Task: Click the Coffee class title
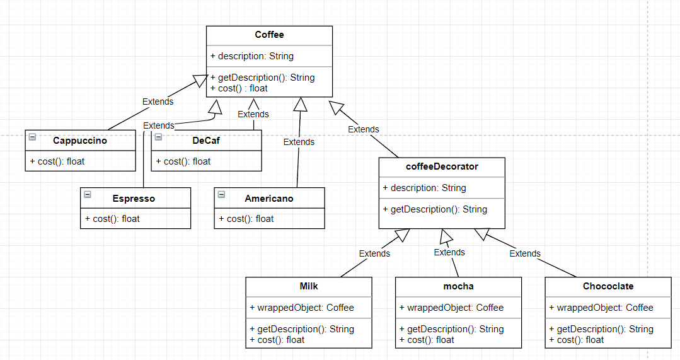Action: [269, 35]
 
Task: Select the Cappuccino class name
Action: [80, 141]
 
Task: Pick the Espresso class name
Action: [134, 198]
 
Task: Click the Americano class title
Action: [269, 198]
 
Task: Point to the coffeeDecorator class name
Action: [442, 166]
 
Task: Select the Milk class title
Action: [309, 286]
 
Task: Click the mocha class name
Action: [458, 286]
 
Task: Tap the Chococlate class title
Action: [608, 286]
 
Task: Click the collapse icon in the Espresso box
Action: [88, 194]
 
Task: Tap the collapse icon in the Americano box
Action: [221, 194]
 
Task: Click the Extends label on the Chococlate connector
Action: [525, 253]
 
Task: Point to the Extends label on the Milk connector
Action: [374, 253]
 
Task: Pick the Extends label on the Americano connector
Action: [299, 142]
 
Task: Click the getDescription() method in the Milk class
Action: [302, 329]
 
